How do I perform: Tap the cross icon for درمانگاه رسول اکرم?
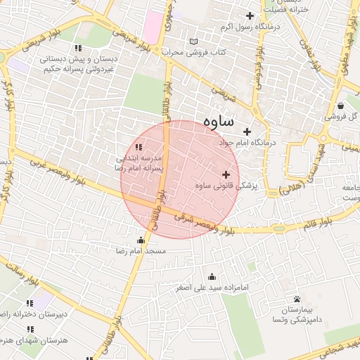(x=249, y=16)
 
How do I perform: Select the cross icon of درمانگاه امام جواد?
(x=247, y=131)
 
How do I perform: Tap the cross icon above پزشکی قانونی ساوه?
(x=226, y=174)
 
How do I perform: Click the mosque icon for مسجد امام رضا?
(x=141, y=240)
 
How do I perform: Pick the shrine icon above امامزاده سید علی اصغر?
(x=212, y=276)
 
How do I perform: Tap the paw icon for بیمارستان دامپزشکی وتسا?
(x=297, y=299)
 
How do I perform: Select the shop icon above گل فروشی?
(x=340, y=106)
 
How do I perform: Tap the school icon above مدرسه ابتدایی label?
(x=139, y=147)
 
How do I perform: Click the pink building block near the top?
(x=151, y=26)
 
